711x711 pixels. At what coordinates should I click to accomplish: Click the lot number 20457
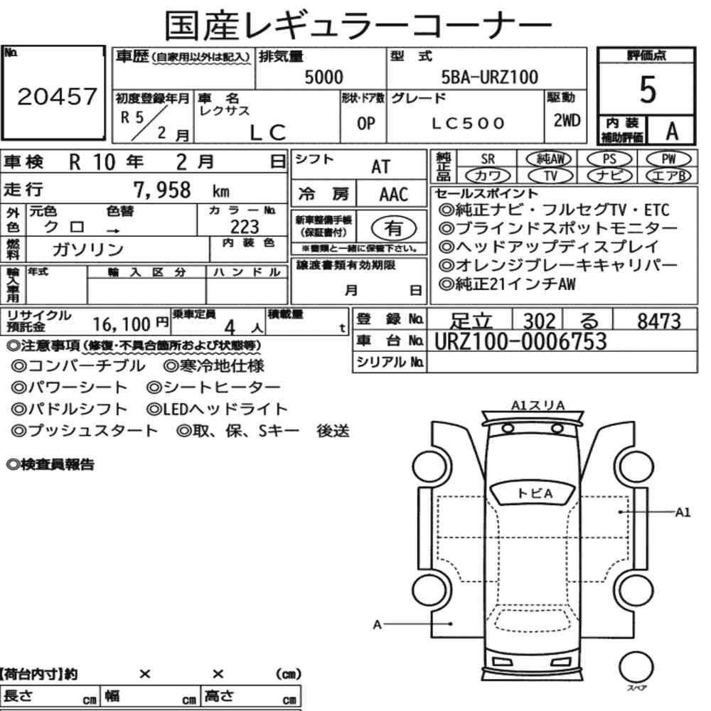pyautogui.click(x=57, y=96)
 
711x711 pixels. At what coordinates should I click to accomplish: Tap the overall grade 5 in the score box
pyautogui.click(x=647, y=90)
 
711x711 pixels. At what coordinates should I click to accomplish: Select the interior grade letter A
pyautogui.click(x=672, y=131)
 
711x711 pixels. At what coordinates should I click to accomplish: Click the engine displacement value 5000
pyautogui.click(x=324, y=77)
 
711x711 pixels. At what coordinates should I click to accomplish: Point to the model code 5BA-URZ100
pyautogui.click(x=490, y=77)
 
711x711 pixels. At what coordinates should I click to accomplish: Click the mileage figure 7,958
pyautogui.click(x=162, y=190)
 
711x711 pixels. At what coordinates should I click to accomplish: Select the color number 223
pyautogui.click(x=245, y=227)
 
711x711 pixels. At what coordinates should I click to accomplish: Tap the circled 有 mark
pyautogui.click(x=394, y=228)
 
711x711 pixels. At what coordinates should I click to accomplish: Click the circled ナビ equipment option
pyautogui.click(x=609, y=176)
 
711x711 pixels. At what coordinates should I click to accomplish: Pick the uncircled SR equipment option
pyautogui.click(x=488, y=159)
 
